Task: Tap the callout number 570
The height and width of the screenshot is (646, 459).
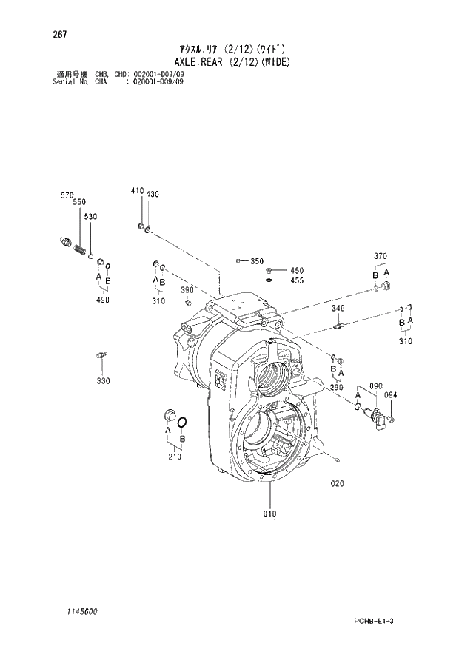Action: point(67,195)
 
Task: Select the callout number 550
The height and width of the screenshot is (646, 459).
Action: point(79,202)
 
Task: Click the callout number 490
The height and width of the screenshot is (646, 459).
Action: point(102,300)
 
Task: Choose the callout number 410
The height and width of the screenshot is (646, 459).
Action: point(137,191)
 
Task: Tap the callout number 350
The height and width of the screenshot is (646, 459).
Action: point(257,261)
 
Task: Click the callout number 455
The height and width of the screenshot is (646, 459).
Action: point(297,280)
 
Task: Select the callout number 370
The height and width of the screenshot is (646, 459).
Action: point(381,256)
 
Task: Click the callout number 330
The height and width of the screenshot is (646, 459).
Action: point(102,380)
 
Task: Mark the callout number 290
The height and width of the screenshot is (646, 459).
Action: point(337,387)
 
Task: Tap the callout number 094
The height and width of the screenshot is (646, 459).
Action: point(391,395)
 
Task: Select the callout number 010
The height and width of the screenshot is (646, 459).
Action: point(269,514)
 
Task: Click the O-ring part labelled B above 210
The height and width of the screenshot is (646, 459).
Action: point(182,422)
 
